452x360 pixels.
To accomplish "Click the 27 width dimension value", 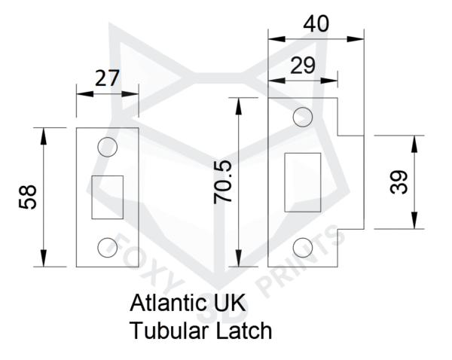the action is (107, 78).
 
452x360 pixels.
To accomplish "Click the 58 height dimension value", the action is (28, 197).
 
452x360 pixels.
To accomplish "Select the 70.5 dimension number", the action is (222, 182).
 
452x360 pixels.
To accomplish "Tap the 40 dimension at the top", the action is (316, 23).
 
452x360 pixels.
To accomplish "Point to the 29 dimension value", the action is (303, 66).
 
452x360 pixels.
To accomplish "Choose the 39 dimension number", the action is (399, 182).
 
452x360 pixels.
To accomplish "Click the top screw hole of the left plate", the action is (108, 147).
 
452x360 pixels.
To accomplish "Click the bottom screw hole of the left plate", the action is (108, 248).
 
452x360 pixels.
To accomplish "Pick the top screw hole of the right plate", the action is (303, 117).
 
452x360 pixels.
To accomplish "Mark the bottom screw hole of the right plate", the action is (303, 248).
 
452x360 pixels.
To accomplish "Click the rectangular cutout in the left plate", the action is (108, 197).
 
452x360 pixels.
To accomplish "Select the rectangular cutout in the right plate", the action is (303, 182).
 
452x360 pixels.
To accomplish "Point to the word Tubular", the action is (169, 331).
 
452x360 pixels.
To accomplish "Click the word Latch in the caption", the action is (244, 331).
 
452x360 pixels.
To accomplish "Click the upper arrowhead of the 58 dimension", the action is (43, 136).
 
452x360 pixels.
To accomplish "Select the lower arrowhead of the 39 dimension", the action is (414, 221).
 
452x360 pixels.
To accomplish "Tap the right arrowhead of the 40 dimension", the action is (356, 39).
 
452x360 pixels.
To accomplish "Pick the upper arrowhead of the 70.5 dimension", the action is (238, 106).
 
